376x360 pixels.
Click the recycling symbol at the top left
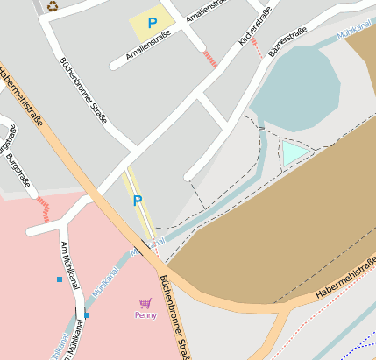click(53, 5)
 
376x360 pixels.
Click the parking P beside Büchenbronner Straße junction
click(137, 201)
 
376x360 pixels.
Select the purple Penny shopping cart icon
click(145, 303)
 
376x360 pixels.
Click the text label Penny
click(145, 315)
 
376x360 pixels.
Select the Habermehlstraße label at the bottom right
click(344, 281)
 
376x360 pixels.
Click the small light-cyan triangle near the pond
click(293, 153)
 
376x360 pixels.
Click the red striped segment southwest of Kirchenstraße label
click(209, 60)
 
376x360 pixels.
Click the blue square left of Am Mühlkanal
click(60, 279)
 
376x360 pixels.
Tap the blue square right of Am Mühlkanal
click(87, 314)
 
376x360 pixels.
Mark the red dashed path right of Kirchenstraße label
click(256, 48)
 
